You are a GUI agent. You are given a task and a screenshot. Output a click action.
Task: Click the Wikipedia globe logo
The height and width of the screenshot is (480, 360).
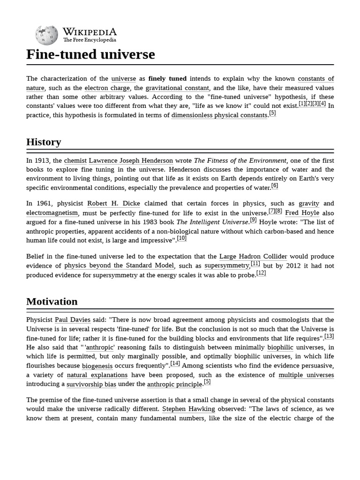(46, 35)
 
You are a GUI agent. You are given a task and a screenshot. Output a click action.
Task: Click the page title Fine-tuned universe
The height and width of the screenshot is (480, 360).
(90, 54)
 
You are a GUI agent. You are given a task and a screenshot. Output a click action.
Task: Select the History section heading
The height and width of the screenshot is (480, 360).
(44, 142)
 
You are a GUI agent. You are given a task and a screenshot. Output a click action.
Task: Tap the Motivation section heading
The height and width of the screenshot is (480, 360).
(52, 301)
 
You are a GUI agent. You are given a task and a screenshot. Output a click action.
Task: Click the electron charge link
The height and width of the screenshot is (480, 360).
(107, 88)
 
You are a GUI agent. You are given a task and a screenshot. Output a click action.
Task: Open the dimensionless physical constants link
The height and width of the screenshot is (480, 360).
(219, 115)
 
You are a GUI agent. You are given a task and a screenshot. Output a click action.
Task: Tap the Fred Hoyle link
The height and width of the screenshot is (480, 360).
(302, 213)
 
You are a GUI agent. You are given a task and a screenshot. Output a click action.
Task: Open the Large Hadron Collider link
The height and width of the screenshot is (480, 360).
(253, 257)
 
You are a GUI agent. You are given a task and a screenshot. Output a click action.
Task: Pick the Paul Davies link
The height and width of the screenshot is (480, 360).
(73, 320)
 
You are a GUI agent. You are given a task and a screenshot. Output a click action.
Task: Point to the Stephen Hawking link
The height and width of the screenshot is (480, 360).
(188, 409)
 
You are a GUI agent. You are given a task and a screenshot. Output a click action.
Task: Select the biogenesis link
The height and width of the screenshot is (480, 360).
(97, 366)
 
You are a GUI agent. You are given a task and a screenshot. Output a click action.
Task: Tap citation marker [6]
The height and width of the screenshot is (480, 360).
(275, 186)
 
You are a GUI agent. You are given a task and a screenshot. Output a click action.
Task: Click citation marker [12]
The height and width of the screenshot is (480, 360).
(261, 273)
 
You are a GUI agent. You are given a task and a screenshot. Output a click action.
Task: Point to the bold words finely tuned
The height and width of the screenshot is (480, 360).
(167, 79)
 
